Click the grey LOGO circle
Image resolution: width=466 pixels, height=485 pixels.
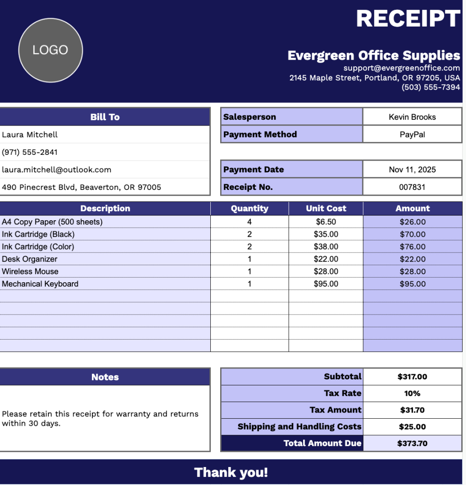51,50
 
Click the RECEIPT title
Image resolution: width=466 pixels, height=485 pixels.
408,18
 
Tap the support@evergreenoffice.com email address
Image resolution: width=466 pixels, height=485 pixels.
402,68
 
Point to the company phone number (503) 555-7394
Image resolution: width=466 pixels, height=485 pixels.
430,87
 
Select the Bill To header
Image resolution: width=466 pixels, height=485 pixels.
105,117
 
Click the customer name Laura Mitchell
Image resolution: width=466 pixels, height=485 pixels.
30,135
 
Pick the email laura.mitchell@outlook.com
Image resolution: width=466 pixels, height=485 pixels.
56,170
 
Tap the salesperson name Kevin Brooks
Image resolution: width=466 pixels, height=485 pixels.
412,117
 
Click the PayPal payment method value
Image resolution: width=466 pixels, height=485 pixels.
412,135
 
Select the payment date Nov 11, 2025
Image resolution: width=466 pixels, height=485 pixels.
412,170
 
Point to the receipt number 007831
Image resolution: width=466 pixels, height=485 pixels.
412,187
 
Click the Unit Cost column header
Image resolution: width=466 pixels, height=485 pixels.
326,208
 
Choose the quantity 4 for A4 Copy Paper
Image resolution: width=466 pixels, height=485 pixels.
250,222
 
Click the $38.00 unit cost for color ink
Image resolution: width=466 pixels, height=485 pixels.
326,247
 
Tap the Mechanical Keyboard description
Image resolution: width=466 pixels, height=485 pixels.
40,284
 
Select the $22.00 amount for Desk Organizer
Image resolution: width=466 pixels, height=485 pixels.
412,259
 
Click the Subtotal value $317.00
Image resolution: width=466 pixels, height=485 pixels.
412,377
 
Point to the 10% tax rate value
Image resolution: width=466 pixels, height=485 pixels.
412,394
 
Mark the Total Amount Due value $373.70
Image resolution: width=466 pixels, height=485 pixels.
412,443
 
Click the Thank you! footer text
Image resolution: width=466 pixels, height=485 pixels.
231,472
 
